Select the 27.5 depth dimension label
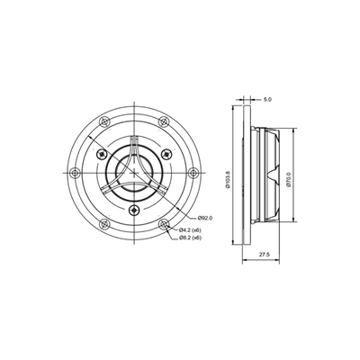(262, 255)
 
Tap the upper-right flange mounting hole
(163, 122)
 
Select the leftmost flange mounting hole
(76, 172)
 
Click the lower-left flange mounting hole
(105, 222)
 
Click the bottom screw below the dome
(134, 210)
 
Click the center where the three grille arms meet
(134, 172)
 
